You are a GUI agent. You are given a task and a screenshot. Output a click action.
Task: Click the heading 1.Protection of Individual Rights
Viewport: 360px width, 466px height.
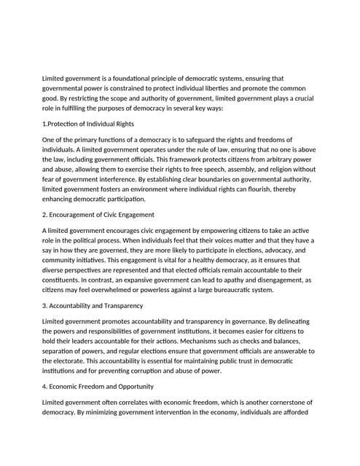[88, 124]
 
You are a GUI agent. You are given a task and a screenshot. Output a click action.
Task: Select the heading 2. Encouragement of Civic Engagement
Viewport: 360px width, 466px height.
[98, 215]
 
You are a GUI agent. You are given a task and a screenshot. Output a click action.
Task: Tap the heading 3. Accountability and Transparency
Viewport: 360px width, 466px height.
[93, 306]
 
